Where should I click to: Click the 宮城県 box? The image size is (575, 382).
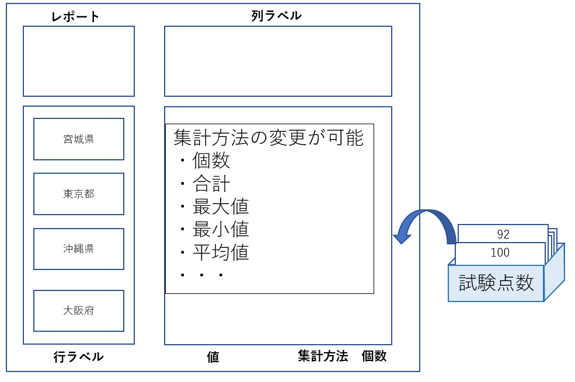pos(79,139)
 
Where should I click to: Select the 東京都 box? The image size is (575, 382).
pos(79,194)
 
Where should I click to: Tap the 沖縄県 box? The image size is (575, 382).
pos(79,249)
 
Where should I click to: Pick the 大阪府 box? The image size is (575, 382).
pos(79,311)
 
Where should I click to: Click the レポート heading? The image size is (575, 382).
pos(75,17)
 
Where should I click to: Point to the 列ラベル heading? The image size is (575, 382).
pos(277,16)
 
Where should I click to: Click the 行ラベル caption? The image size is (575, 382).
pos(78,357)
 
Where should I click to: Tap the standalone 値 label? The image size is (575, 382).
pos(213,357)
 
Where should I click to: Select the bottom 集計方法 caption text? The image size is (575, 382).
pos(323,356)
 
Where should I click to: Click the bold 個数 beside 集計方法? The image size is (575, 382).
pos(374,356)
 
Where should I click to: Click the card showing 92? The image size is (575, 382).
pos(503,234)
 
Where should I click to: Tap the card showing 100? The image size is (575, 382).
pos(500,253)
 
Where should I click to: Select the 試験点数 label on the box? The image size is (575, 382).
pos(496,283)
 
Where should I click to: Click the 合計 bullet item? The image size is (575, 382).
pos(211,184)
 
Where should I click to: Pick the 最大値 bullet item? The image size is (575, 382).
pos(221,207)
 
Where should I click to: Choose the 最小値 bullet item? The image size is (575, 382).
pos(221,230)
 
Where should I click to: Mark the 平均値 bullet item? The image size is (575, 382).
pos(221,253)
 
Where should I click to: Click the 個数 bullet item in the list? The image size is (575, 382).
pos(211,161)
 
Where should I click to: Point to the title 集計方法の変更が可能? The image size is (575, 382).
pos(269,138)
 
